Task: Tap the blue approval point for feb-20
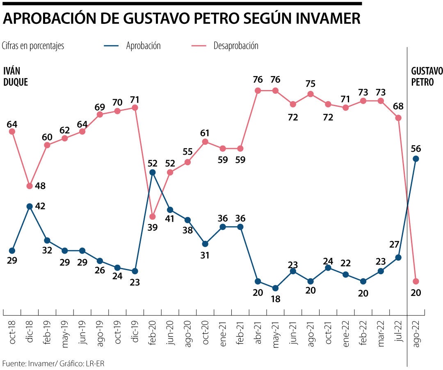pyautogui.click(x=153, y=172)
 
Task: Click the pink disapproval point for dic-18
pyautogui.click(x=30, y=186)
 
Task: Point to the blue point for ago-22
pyautogui.click(x=416, y=159)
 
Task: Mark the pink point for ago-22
pyautogui.click(x=416, y=281)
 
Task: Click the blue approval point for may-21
pyautogui.click(x=275, y=288)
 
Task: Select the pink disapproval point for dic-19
pyautogui.click(x=135, y=108)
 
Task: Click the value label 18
pyautogui.click(x=275, y=299)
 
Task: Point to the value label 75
pyautogui.click(x=311, y=83)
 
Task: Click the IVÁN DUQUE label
pyautogui.click(x=16, y=76)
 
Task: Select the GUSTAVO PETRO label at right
pyautogui.click(x=427, y=76)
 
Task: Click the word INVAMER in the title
pyautogui.click(x=321, y=18)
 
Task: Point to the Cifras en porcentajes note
pyautogui.click(x=33, y=46)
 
